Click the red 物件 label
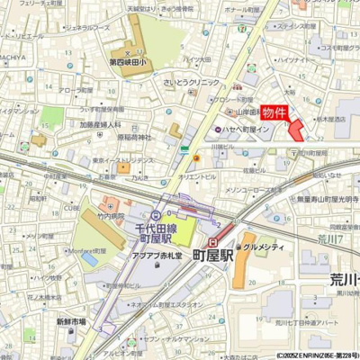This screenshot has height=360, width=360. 275,113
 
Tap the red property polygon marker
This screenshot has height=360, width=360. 295,130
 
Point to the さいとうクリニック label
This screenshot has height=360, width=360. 192,82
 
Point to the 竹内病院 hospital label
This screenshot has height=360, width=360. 111,217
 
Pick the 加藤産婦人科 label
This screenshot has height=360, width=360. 100,125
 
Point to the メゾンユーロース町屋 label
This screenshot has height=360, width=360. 255,190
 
